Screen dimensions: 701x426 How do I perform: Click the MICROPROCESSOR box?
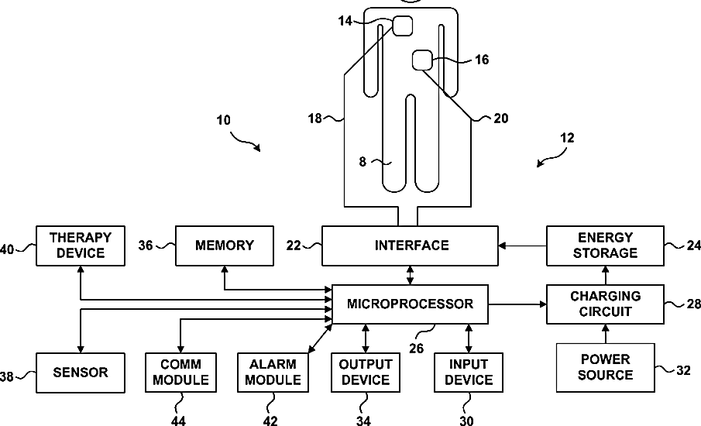[410, 304]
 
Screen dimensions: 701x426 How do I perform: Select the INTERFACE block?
[410, 246]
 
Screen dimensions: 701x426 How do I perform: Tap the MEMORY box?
[225, 246]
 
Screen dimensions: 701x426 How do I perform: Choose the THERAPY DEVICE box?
[81, 246]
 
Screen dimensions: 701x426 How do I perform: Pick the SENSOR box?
[81, 373]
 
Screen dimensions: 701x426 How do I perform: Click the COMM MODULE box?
[180, 373]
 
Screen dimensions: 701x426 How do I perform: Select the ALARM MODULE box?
[273, 373]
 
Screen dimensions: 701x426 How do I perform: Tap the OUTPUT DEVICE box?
[366, 373]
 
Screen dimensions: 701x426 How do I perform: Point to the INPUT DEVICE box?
[469, 373]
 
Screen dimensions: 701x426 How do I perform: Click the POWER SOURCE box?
[605, 367]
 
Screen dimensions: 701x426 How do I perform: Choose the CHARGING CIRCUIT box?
[605, 304]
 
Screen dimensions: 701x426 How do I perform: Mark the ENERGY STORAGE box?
[605, 246]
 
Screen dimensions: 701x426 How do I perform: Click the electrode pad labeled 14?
[402, 26]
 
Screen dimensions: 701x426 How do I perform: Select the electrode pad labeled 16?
[422, 60]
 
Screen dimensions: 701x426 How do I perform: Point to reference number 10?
[224, 120]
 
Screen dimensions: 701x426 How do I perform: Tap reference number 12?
[567, 138]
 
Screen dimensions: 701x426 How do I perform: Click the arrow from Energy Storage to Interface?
[522, 246]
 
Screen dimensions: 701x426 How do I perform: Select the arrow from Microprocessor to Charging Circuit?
[517, 304]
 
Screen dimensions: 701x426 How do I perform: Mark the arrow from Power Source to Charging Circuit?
[605, 334]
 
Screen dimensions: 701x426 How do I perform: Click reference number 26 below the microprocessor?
[416, 349]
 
